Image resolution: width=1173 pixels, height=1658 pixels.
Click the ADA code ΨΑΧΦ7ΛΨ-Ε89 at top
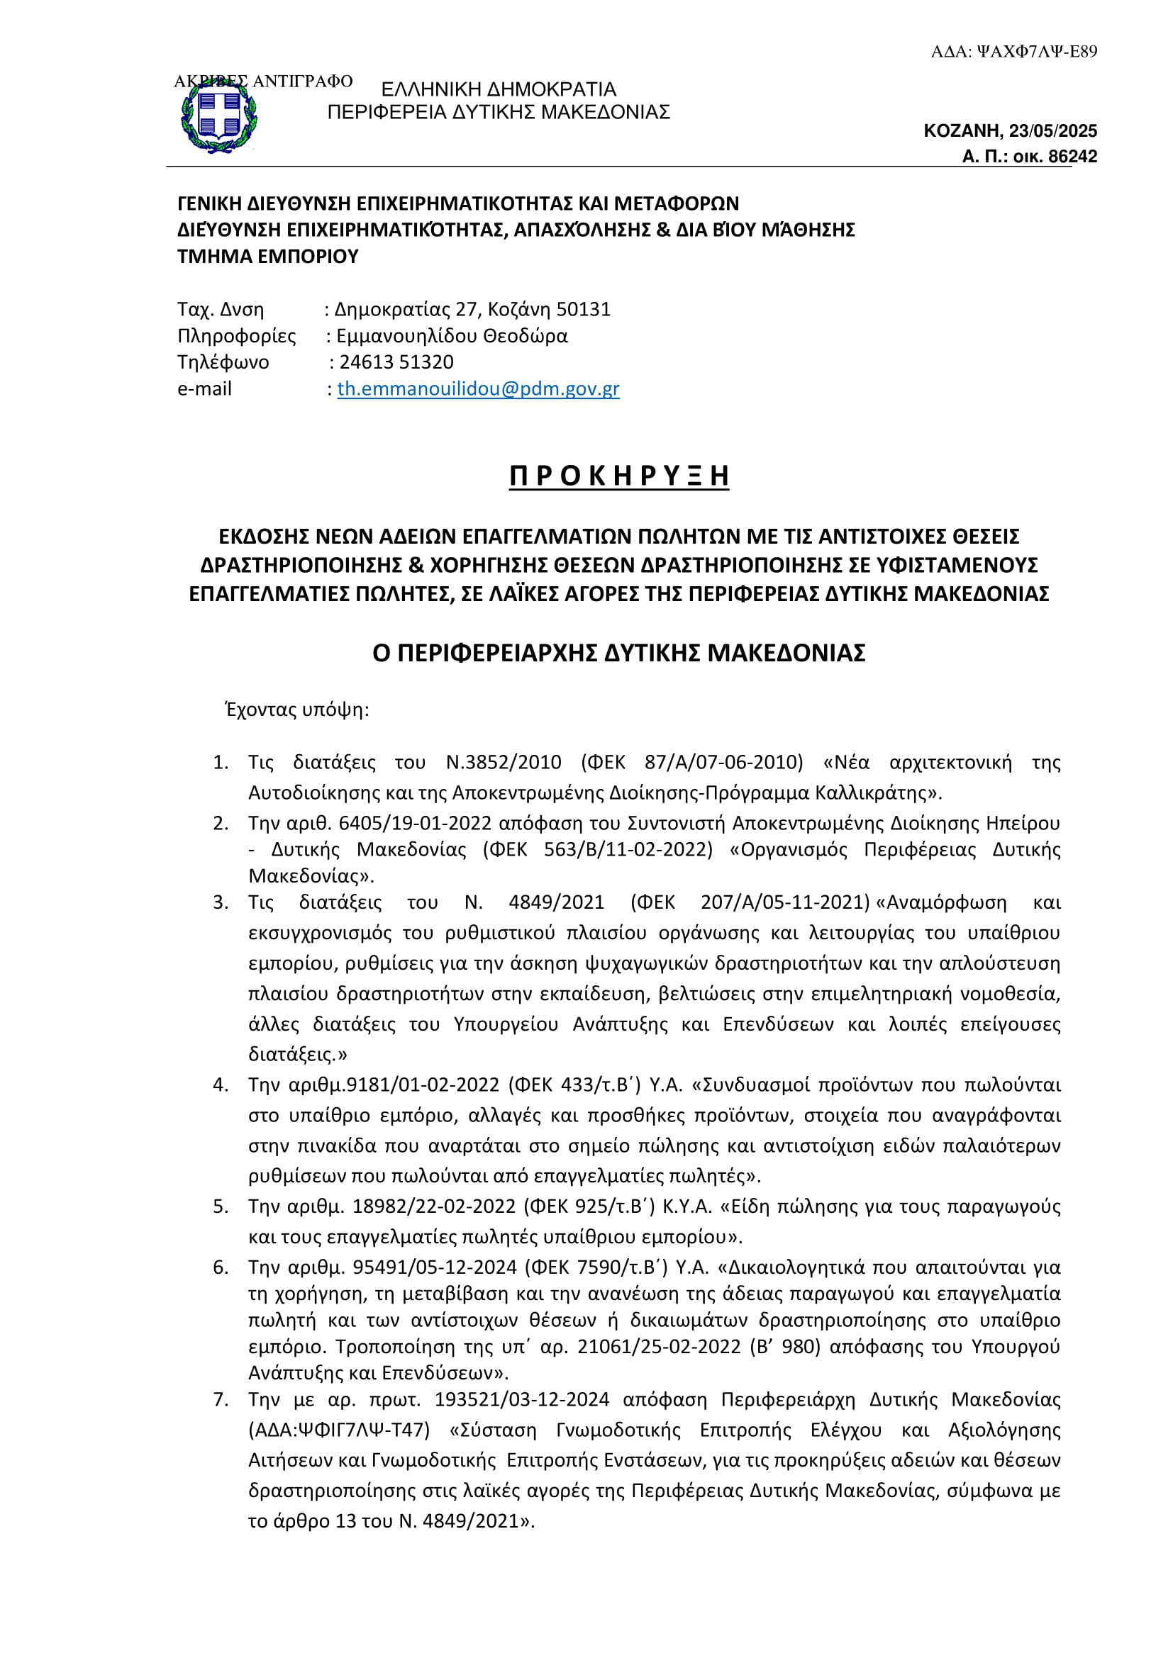1037,51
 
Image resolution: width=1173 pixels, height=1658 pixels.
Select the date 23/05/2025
1053,130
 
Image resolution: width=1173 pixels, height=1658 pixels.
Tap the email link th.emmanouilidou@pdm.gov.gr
478,388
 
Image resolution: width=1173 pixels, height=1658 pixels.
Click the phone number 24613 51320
396,362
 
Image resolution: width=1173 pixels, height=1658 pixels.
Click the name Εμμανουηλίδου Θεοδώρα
452,336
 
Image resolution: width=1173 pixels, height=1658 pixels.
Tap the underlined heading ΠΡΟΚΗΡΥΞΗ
619,476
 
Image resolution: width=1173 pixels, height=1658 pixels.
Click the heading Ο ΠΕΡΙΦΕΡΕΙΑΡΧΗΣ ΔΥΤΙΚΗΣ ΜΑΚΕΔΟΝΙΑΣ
619,653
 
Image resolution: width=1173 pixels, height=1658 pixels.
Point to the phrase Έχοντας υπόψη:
297,710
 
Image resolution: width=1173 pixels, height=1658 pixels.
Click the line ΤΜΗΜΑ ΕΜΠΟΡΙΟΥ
268,257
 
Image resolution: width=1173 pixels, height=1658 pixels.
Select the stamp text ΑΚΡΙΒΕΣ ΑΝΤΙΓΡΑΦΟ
264,81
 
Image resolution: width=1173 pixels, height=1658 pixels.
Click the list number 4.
221,1085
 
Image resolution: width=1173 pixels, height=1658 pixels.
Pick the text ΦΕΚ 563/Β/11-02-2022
597,849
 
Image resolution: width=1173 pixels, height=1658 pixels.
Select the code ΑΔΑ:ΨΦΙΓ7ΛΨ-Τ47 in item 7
339,1430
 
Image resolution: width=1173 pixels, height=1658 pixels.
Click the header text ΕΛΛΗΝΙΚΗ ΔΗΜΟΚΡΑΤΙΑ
499,89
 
